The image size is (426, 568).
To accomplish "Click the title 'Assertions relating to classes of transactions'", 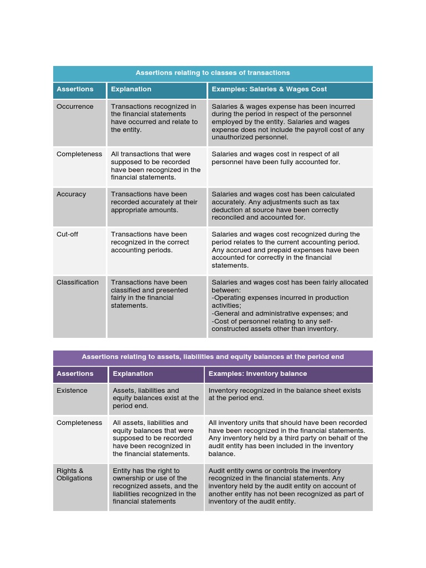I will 213,73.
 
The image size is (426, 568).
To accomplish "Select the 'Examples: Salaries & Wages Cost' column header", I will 269,89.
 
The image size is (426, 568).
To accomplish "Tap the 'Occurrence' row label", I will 75,106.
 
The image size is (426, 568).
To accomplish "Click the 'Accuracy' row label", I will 71,194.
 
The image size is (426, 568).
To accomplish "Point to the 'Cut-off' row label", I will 67,234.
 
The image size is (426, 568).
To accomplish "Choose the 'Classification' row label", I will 78,282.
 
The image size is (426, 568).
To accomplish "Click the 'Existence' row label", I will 72,390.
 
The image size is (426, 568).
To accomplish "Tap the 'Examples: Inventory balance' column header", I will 257,374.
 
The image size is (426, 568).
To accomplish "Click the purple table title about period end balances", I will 213,357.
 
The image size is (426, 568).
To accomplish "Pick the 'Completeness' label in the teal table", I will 79,154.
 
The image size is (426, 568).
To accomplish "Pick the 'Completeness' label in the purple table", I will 79,423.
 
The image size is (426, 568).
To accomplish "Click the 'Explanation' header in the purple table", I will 133,374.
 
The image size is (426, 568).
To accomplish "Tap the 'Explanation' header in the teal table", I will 131,89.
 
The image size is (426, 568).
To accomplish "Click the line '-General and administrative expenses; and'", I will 280,313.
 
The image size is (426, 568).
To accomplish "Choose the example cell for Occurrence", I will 288,122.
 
